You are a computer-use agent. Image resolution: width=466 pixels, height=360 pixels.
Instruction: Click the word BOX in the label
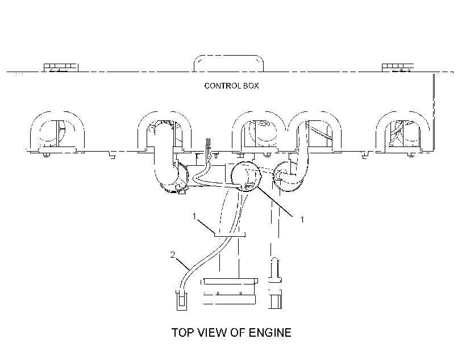[251, 86]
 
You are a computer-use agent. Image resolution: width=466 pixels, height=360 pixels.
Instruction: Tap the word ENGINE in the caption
[270, 332]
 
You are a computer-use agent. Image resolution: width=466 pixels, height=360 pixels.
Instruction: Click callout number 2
[173, 255]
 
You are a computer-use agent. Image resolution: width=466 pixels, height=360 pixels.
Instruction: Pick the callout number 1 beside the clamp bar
[194, 216]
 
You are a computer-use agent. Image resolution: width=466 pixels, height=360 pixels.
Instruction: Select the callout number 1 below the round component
[302, 220]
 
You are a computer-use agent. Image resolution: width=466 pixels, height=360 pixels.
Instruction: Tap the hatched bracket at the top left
[61, 68]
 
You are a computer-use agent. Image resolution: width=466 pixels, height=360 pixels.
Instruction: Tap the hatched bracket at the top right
[397, 68]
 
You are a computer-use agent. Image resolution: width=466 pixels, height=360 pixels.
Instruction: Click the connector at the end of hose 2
[182, 300]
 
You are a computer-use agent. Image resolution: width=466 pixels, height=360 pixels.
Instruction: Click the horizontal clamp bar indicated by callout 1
[230, 235]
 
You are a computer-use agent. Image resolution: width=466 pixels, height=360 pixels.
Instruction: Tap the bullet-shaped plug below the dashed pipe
[275, 270]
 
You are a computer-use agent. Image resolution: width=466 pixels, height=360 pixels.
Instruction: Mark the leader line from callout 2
[183, 264]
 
